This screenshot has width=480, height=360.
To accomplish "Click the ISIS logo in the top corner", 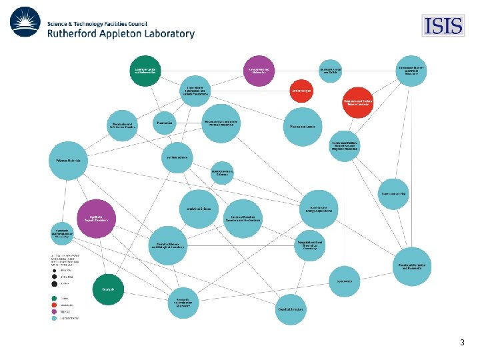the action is (x=443, y=26).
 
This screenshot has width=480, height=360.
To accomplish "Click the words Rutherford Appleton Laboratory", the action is (x=121, y=33).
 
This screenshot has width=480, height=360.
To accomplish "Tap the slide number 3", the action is (x=462, y=343).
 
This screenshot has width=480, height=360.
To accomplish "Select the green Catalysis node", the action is (x=107, y=289).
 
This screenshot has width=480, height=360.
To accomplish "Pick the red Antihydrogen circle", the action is (x=301, y=91).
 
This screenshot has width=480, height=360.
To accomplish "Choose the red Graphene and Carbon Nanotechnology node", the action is (x=357, y=102).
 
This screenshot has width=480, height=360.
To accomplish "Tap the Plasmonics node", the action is (x=164, y=123).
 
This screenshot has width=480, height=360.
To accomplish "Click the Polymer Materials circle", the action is (x=68, y=161).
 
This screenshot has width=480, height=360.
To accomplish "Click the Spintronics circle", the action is (x=345, y=281).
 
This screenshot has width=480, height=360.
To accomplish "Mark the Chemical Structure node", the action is (x=291, y=309).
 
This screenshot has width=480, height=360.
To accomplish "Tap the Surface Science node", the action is (x=177, y=157).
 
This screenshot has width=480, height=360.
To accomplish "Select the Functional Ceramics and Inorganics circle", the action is (x=411, y=267).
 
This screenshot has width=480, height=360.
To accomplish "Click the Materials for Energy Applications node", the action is (x=319, y=210).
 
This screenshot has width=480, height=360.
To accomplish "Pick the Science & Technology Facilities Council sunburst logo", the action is (x=25, y=22).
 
